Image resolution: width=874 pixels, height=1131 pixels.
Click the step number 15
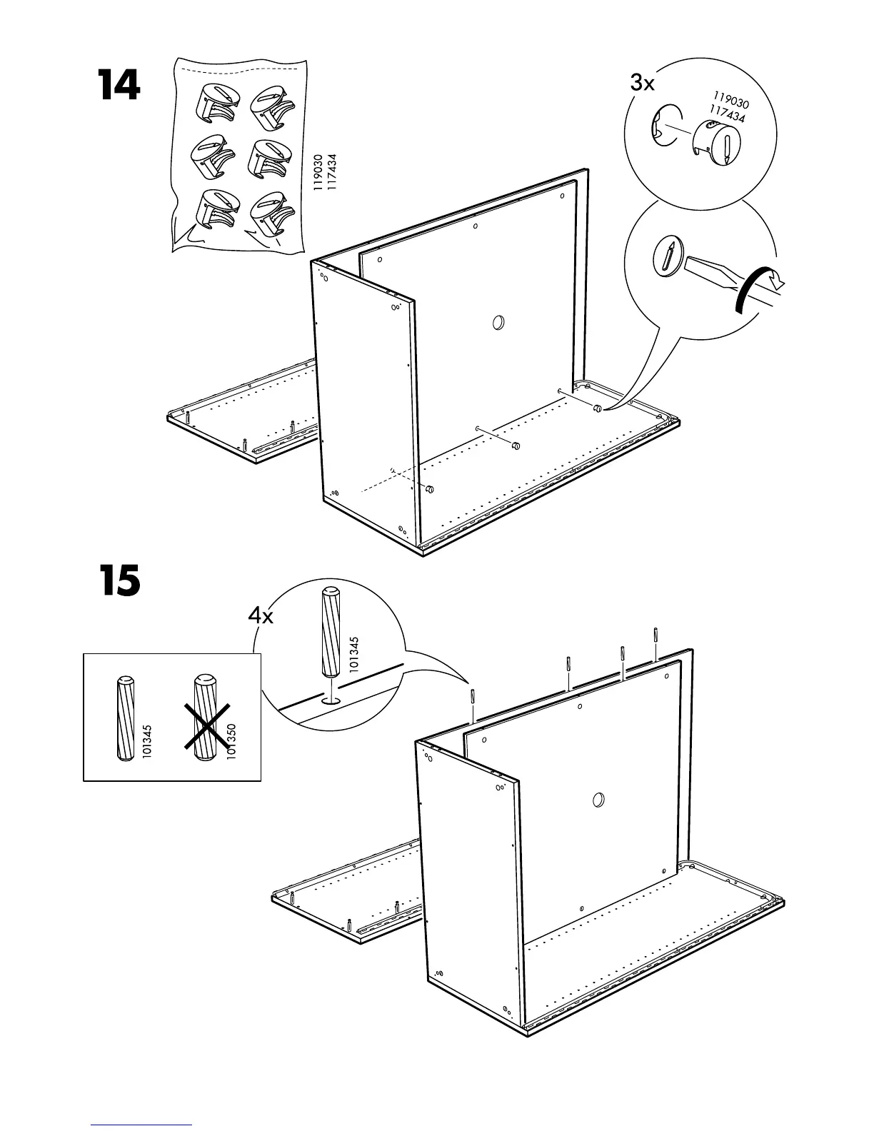pyautogui.click(x=119, y=581)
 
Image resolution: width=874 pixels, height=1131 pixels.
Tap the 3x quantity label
pyautogui.click(x=642, y=84)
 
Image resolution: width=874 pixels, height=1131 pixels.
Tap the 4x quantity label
pyautogui.click(x=261, y=616)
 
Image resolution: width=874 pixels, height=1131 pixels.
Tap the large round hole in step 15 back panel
pyautogui.click(x=598, y=800)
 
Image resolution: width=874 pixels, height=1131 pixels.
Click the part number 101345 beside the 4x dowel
pyautogui.click(x=355, y=654)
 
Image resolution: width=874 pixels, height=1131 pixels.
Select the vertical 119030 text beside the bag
pyautogui.click(x=318, y=175)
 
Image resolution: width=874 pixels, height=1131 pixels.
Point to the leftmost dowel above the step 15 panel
pyautogui.click(x=472, y=695)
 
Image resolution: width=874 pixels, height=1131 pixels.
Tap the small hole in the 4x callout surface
pyautogui.click(x=331, y=701)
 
